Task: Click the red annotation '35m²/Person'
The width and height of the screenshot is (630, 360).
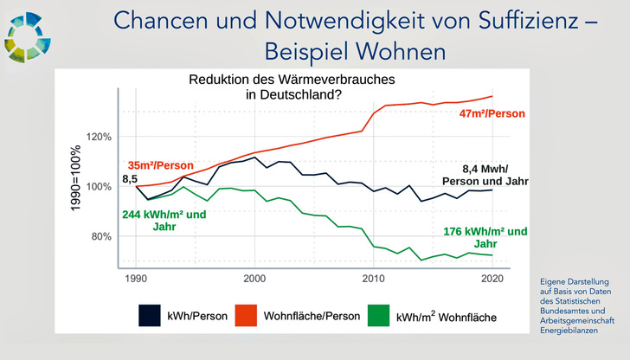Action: click(159, 164)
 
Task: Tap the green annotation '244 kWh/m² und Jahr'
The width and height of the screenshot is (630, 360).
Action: click(164, 221)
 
